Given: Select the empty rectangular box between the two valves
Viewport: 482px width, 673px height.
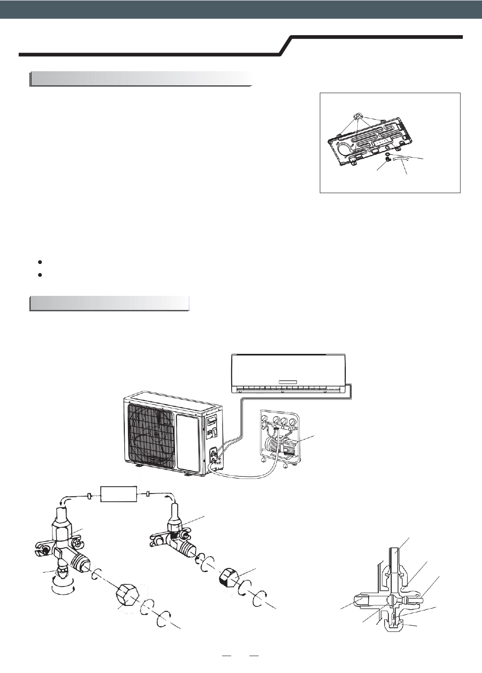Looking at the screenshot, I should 118,495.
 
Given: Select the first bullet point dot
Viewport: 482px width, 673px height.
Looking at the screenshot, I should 41,263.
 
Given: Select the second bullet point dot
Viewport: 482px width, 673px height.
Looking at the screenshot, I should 41,275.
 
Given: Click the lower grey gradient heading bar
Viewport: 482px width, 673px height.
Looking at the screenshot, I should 110,304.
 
